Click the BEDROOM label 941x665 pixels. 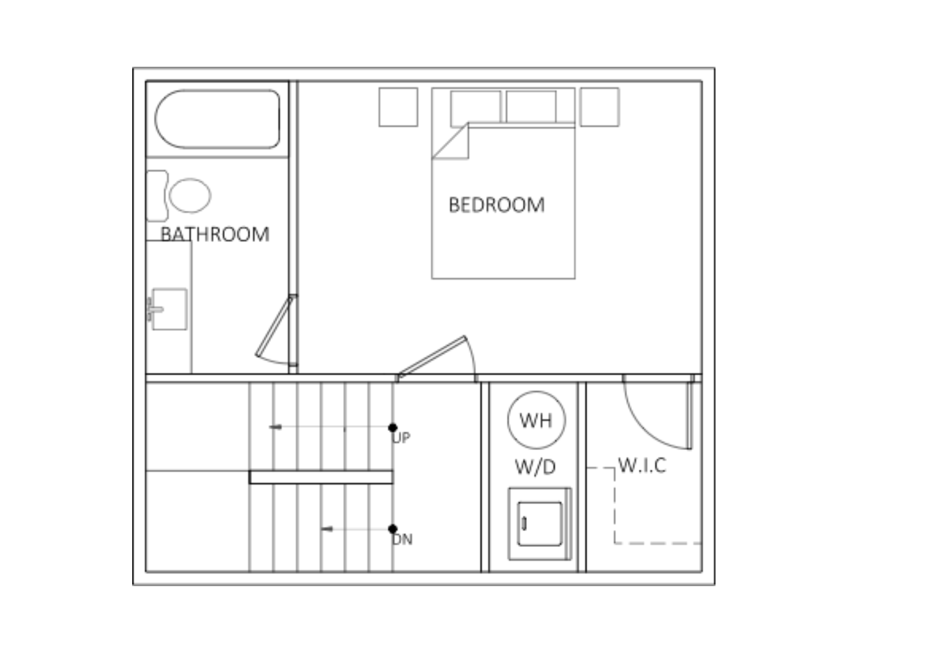(x=497, y=205)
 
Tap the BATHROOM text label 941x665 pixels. (x=215, y=234)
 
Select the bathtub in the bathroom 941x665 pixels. (x=217, y=119)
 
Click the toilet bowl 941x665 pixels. (x=190, y=195)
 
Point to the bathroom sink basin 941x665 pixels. (x=169, y=309)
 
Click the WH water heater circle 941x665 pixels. (x=536, y=420)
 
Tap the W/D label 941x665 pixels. (x=535, y=467)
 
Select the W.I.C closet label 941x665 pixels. (x=642, y=465)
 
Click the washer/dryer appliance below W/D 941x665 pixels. (x=540, y=524)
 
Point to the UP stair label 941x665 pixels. (x=401, y=438)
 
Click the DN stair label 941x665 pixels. (x=402, y=539)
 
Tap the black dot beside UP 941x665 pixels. (x=392, y=427)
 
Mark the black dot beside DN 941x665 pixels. (x=392, y=529)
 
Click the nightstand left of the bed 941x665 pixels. (x=399, y=107)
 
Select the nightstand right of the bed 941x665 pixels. (x=599, y=107)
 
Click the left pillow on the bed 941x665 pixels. (x=476, y=107)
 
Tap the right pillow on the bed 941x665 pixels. (x=531, y=107)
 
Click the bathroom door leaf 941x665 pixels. (x=274, y=326)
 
